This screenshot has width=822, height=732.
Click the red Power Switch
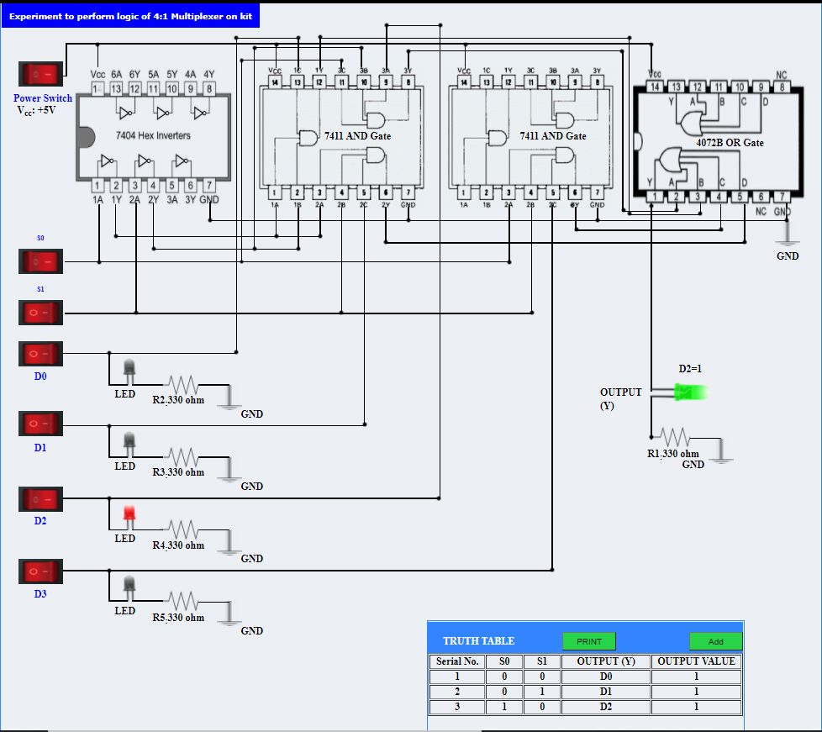tap(40, 75)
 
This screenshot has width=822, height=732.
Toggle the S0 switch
tap(40, 261)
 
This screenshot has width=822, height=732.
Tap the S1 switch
tap(40, 313)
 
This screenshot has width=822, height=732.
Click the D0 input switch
tap(40, 354)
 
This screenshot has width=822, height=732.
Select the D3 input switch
tap(40, 571)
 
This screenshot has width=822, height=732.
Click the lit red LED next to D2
tap(129, 513)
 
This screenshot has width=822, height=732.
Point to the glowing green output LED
tap(691, 392)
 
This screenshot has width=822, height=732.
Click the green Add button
tap(715, 641)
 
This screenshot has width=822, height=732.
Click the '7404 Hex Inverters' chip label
tap(153, 135)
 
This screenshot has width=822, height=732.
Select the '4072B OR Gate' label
tap(730, 143)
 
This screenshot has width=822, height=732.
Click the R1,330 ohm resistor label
tap(672, 454)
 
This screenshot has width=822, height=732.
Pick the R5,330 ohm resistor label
tap(178, 618)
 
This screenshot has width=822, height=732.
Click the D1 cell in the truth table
tap(605, 692)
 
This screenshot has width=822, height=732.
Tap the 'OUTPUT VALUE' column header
tap(696, 661)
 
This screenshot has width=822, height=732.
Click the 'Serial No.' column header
tap(458, 661)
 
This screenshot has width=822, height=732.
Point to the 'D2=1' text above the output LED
tap(690, 369)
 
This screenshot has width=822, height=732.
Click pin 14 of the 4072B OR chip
tap(654, 87)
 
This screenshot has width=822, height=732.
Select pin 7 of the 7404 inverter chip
tap(209, 186)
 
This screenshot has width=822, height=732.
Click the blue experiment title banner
tap(130, 16)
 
